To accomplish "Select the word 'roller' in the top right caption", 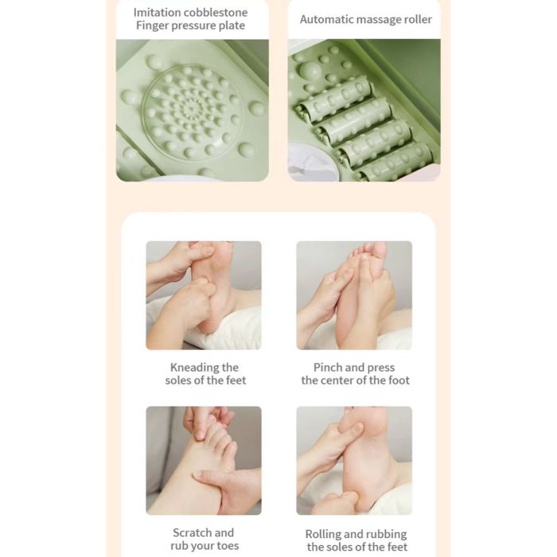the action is pos(419,19).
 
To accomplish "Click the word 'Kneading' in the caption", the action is pos(193,368).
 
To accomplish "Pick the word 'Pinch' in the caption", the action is pos(325,368).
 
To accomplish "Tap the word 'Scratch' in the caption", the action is pos(193,532).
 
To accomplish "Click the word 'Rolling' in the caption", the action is pos(323,534).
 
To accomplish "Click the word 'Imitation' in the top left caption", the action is pos(157,13).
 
